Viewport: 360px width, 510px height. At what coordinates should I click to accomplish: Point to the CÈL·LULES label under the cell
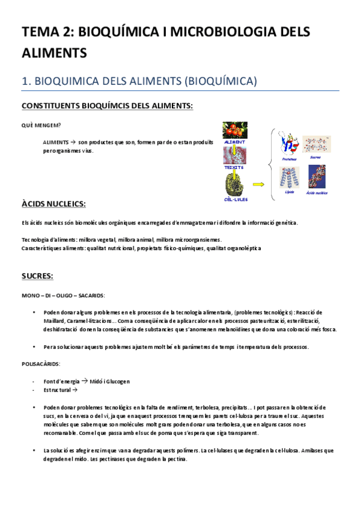235,199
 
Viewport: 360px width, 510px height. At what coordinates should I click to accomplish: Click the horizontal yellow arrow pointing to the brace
259,185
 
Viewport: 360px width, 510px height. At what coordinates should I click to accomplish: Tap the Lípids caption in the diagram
288,192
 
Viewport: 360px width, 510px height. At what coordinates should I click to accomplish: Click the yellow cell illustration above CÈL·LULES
234,183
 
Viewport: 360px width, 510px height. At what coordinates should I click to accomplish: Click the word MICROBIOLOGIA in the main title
197,33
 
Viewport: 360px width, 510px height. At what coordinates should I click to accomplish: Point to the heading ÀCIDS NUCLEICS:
53,204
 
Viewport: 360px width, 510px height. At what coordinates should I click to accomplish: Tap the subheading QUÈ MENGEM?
40,125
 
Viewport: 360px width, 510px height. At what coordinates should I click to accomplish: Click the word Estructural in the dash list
57,390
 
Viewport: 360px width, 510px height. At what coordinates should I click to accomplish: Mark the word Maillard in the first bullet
55,321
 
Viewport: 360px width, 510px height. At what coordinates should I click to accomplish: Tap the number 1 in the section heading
25,80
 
